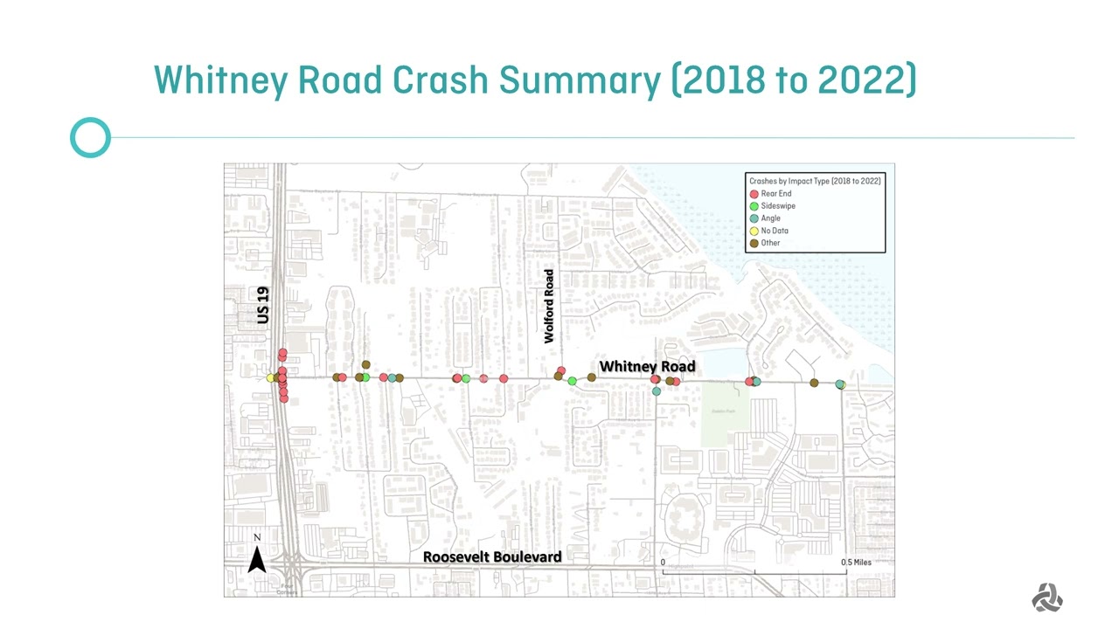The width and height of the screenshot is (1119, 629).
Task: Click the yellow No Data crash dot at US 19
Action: (x=271, y=377)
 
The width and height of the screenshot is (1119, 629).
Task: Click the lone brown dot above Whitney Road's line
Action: (x=365, y=364)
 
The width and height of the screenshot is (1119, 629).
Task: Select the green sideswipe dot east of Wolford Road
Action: (x=572, y=381)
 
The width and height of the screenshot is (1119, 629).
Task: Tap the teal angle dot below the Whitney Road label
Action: (x=657, y=391)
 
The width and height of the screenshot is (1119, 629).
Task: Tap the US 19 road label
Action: (x=264, y=305)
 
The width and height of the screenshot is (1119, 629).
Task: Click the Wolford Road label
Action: (x=549, y=306)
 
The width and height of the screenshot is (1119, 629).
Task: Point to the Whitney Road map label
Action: (x=647, y=366)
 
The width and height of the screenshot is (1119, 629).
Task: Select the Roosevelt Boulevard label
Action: (x=492, y=556)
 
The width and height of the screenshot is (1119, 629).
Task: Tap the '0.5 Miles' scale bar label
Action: (x=856, y=562)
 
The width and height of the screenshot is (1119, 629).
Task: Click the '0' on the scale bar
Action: (x=663, y=562)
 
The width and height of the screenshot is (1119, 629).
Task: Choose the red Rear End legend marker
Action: (x=754, y=194)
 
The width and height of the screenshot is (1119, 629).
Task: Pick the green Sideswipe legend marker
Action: (x=754, y=206)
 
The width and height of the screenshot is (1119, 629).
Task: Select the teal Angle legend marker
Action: (x=754, y=218)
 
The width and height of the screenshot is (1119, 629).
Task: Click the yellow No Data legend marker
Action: (x=754, y=231)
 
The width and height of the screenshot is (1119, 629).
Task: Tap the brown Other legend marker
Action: (x=754, y=243)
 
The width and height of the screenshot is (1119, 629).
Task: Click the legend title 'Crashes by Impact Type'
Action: (x=815, y=181)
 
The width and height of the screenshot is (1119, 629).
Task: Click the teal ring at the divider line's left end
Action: (x=90, y=138)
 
